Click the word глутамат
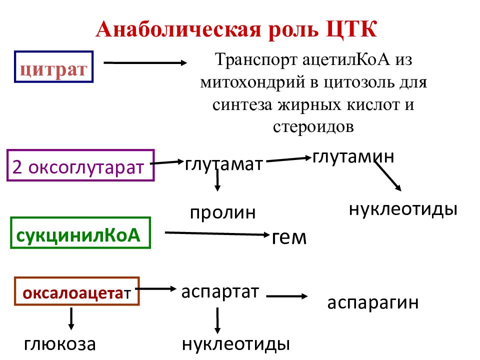(224, 164)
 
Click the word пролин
(223, 212)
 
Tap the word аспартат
(220, 292)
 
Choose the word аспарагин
(373, 303)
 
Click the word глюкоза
(60, 344)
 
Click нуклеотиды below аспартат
(235, 344)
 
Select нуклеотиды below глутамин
(403, 209)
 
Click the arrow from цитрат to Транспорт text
(145, 63)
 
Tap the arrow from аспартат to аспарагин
(287, 296)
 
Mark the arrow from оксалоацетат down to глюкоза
(71, 318)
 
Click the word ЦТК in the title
(351, 29)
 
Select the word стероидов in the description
(313, 126)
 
